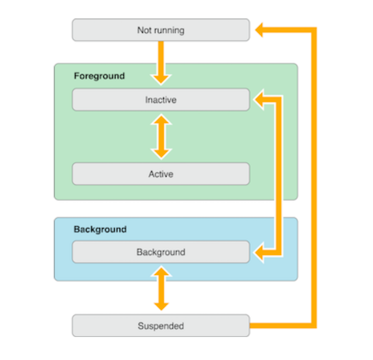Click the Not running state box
pyautogui.click(x=161, y=30)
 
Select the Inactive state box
pyautogui.click(x=161, y=100)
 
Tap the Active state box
pyautogui.click(x=161, y=174)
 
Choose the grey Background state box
pyautogui.click(x=161, y=252)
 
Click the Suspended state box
pyautogui.click(x=161, y=326)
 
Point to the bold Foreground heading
pyautogui.click(x=99, y=76)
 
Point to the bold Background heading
pyautogui.click(x=100, y=229)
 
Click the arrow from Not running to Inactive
pyautogui.click(x=161, y=59)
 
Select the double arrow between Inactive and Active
pyautogui.click(x=161, y=136)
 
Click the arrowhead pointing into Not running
pyautogui.click(x=259, y=30)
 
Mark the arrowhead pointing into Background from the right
pyautogui.click(x=259, y=252)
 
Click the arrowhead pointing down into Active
pyautogui.click(x=161, y=152)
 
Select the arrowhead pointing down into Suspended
pyautogui.click(x=161, y=305)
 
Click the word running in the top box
pyautogui.click(x=169, y=30)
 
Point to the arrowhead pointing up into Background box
pyautogui.click(x=161, y=271)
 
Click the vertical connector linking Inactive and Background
pyautogui.click(x=279, y=174)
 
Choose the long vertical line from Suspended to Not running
pyautogui.click(x=314, y=179)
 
